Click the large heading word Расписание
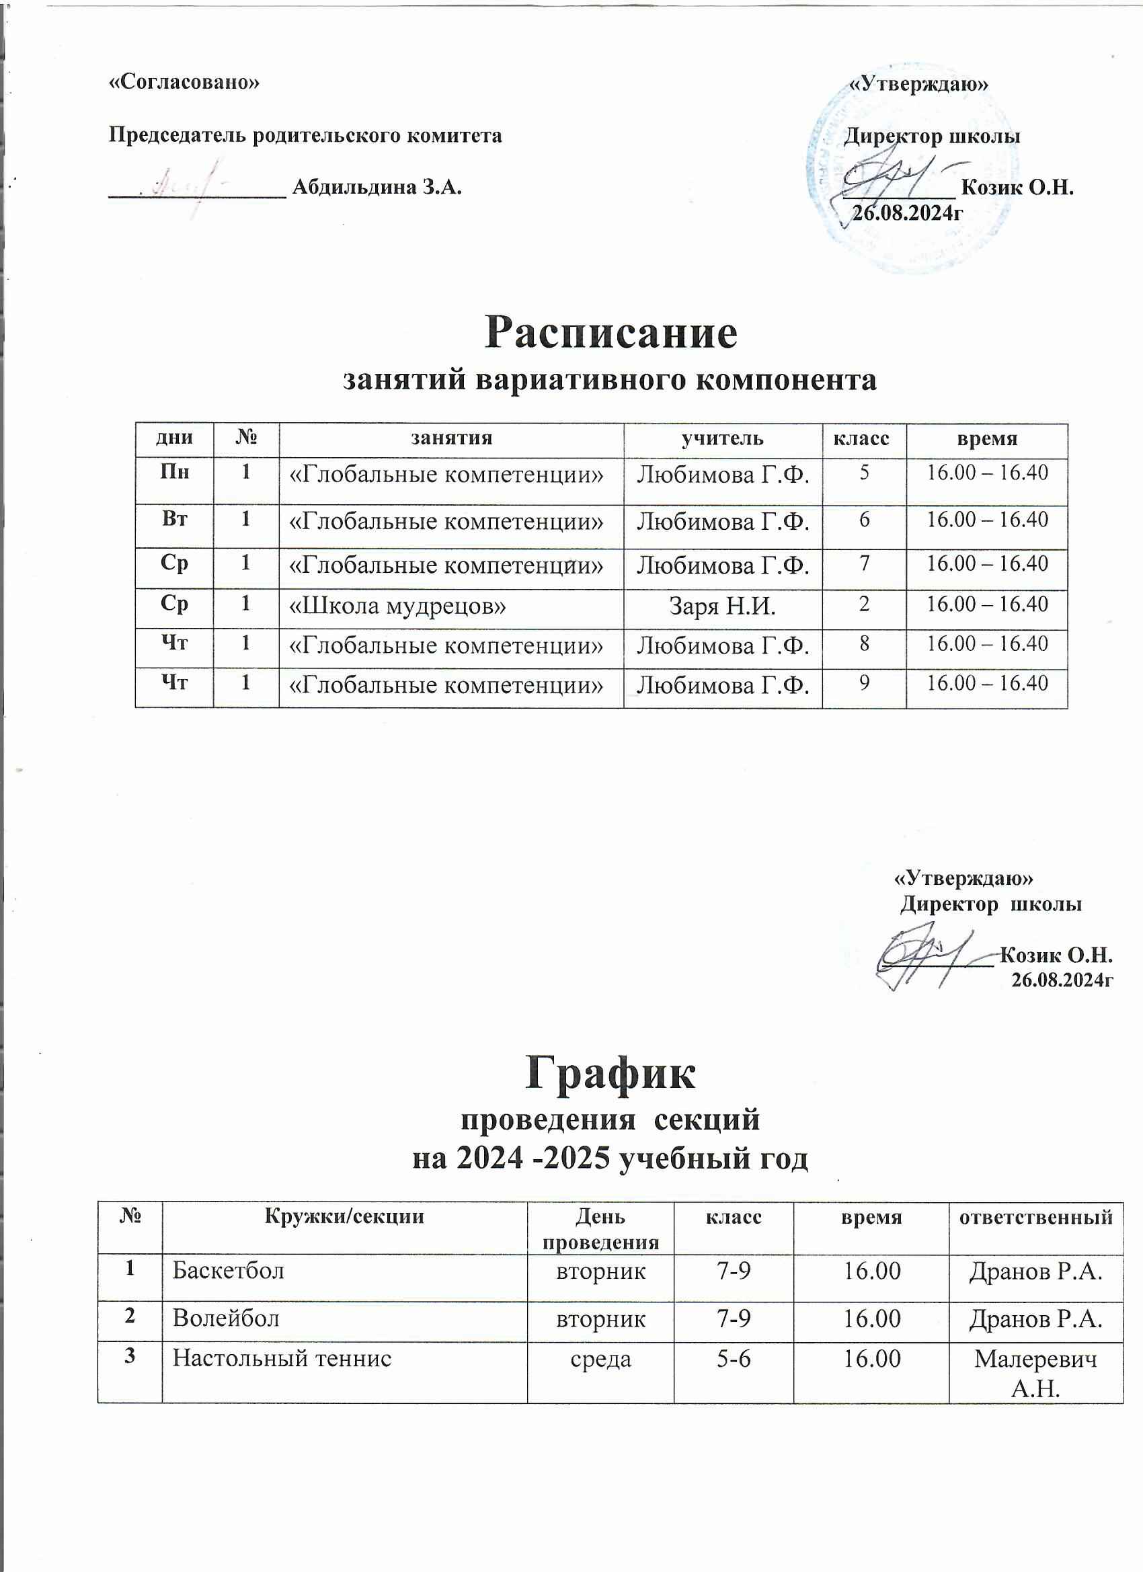point(610,333)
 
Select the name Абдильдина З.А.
point(377,187)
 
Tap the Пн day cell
point(174,473)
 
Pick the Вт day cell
point(174,520)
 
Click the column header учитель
point(722,439)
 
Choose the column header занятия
point(450,439)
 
